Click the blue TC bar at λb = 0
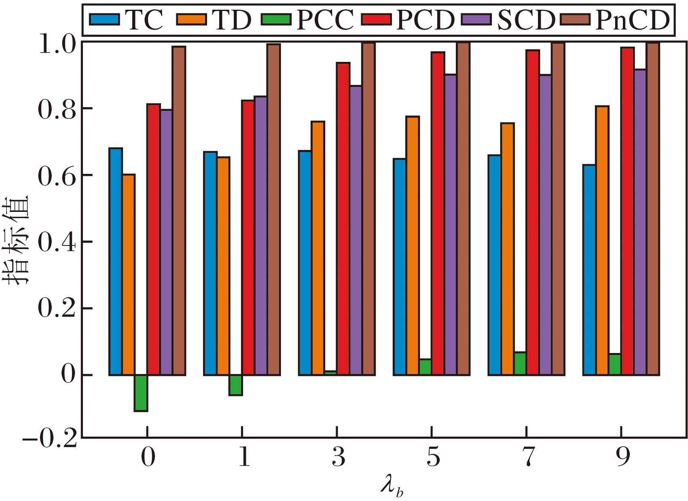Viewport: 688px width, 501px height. coord(116,262)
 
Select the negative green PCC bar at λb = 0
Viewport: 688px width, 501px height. coord(141,393)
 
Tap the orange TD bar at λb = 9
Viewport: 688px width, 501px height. coord(602,241)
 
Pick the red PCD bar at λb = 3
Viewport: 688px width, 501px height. coord(343,219)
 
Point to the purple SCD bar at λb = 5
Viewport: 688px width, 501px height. coord(451,224)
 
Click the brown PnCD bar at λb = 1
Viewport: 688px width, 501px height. coord(273,209)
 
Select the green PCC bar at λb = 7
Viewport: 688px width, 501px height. coord(520,364)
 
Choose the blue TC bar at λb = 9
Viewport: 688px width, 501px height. coord(589,270)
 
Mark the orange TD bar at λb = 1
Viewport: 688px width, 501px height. coord(223,266)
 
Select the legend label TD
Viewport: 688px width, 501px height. coord(231,20)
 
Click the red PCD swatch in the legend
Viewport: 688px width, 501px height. coord(377,19)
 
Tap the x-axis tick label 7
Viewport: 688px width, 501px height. coord(527,458)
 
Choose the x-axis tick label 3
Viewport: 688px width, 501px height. coord(338,458)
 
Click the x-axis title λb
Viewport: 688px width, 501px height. coord(392,486)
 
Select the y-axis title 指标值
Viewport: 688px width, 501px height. coord(17,240)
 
